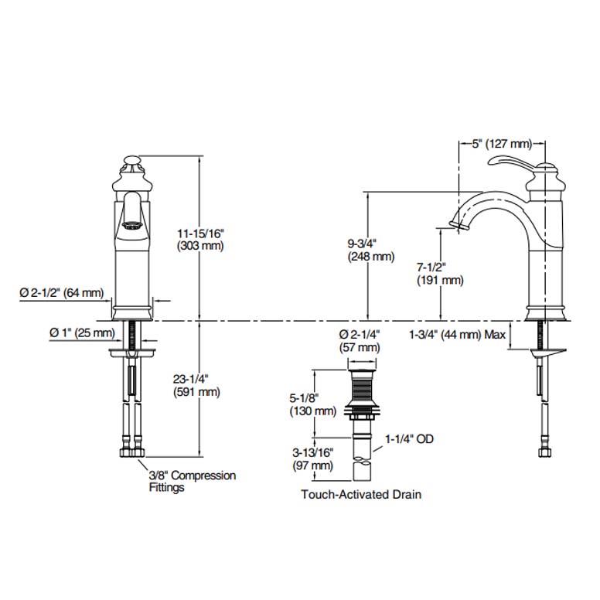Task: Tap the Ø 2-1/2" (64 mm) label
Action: point(61,292)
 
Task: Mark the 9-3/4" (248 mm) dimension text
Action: point(370,250)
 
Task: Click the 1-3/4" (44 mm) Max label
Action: point(457,335)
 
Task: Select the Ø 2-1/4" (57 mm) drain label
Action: point(360,341)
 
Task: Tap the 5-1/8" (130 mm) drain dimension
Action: point(312,404)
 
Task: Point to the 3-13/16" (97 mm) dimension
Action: point(312,460)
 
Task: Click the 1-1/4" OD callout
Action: point(409,439)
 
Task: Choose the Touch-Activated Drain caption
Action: point(361,494)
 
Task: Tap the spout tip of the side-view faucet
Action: point(461,226)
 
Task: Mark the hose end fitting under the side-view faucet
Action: point(543,451)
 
